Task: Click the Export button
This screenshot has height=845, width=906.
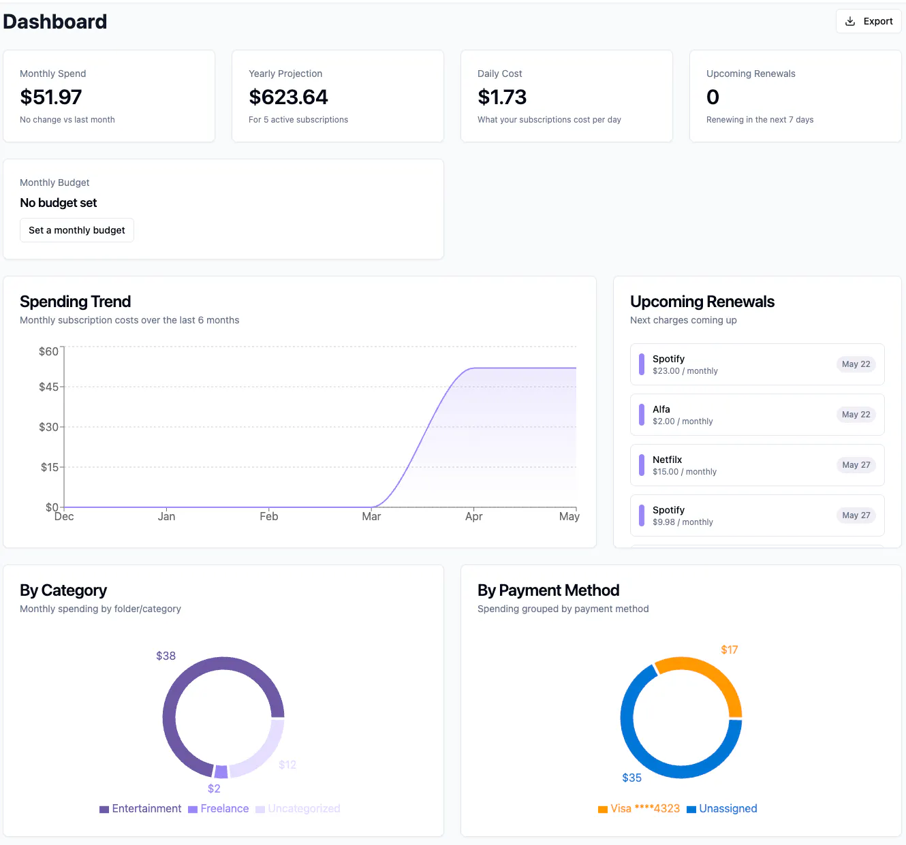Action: pos(868,21)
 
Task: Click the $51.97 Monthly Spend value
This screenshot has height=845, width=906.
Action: pos(50,97)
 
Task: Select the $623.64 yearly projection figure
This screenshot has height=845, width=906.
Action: pos(288,97)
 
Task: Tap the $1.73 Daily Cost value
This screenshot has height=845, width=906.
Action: pos(502,97)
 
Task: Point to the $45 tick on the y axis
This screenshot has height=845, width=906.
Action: pos(48,387)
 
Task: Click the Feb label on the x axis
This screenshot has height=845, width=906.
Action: pos(268,516)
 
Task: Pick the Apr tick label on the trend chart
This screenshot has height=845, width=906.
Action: pos(473,516)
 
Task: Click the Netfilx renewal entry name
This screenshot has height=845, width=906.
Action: pos(667,459)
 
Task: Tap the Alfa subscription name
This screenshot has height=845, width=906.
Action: pos(661,409)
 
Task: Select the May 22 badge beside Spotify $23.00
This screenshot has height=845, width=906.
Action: pos(856,364)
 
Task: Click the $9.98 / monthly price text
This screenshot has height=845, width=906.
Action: pos(683,522)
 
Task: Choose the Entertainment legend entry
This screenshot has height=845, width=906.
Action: pos(140,808)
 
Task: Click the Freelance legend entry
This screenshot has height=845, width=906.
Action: pos(218,808)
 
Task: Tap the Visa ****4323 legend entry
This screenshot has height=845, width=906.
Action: pos(639,808)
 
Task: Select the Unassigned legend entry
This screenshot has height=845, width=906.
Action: pos(721,808)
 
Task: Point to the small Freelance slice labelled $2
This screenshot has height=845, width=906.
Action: pos(221,771)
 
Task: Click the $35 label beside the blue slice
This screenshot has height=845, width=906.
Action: pos(631,778)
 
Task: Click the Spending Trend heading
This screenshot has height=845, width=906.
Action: pos(75,302)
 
